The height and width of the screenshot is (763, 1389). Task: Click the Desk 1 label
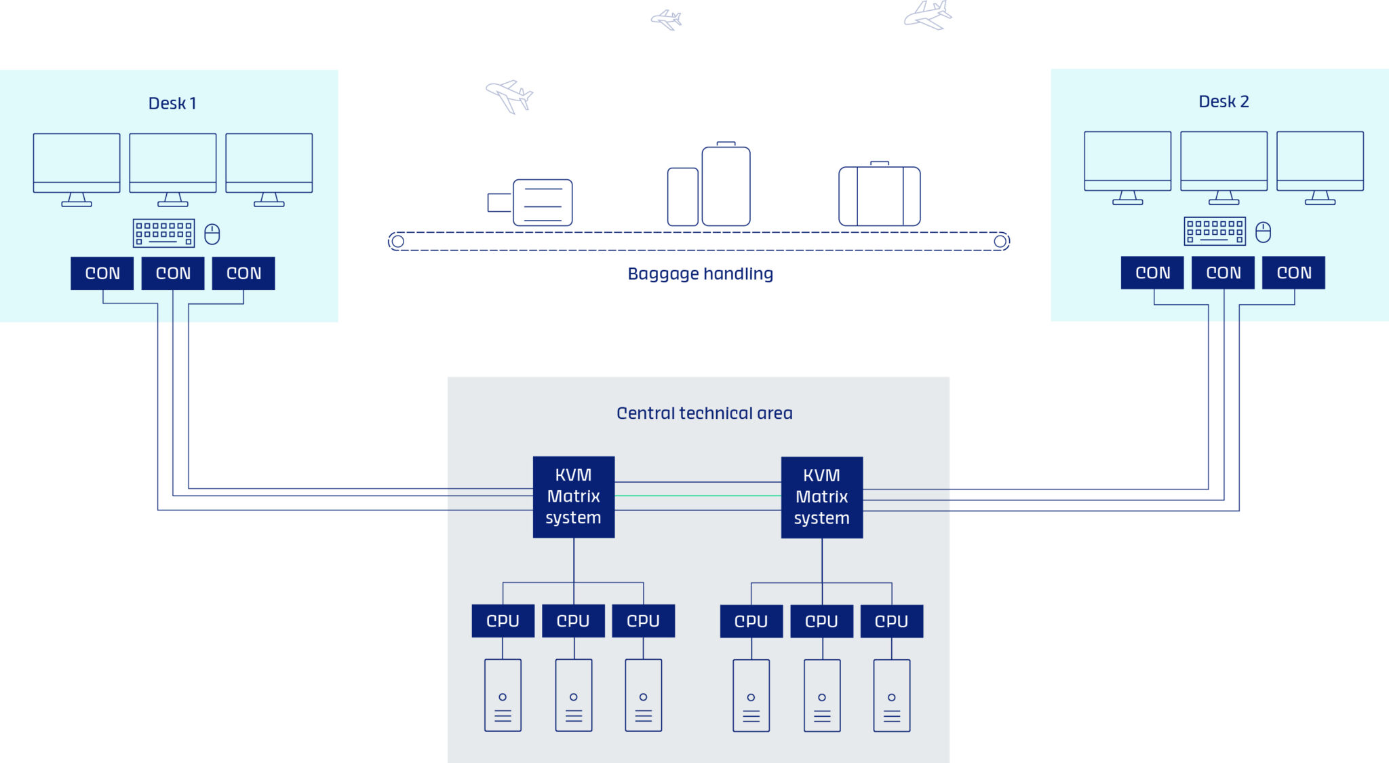coord(172,103)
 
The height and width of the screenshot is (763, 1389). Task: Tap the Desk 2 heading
coord(1224,102)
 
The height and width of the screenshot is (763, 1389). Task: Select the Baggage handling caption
coord(700,274)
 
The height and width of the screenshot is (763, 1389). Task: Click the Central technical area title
coord(704,413)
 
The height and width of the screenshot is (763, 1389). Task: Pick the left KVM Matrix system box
coord(574,497)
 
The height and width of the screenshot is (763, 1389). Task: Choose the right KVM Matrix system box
coord(822,498)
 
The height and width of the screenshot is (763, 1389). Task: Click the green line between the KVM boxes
coord(698,496)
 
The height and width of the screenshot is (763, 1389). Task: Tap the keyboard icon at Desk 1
coord(163,234)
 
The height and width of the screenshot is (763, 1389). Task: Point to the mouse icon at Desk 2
coord(1263,232)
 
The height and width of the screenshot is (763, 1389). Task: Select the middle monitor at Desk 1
coord(173,163)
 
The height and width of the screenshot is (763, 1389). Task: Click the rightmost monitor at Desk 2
coord(1320,162)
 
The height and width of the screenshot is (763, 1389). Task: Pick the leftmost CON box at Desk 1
coord(102,274)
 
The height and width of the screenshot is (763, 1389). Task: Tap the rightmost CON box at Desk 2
coord(1293,273)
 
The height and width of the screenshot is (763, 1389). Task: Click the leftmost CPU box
coord(503,621)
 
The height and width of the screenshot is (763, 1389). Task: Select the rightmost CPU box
coord(891,622)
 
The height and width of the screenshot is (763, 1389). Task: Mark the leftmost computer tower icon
coord(503,695)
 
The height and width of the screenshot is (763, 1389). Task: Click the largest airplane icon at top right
coord(928,15)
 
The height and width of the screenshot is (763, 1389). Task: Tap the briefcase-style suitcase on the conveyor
coord(880,196)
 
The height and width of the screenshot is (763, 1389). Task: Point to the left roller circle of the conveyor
coord(398,242)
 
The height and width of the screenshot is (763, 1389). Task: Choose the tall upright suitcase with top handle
coord(726,185)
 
